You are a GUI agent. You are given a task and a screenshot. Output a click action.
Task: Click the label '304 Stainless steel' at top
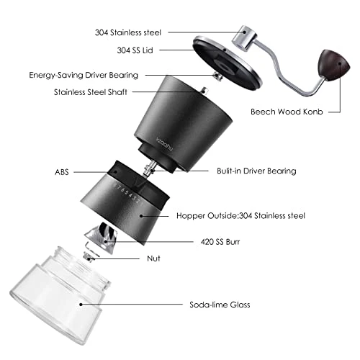click(130, 32)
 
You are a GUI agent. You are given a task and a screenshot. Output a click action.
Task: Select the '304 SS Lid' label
click(140, 50)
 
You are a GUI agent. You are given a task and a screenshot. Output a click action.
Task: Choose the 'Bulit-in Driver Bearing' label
click(256, 171)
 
